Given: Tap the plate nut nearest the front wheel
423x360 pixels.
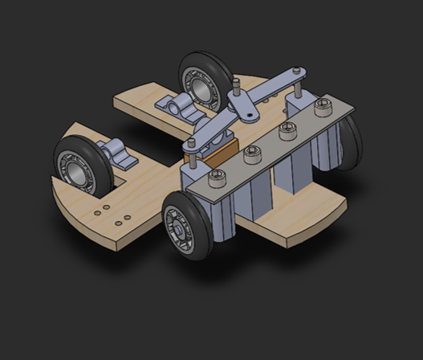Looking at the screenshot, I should point(214,177).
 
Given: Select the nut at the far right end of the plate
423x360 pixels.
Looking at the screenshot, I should point(323,104).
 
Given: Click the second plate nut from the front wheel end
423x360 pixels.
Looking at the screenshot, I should point(250,151).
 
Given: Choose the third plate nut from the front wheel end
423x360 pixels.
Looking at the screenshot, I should point(286,129).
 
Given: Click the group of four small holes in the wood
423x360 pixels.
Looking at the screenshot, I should point(113,214).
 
